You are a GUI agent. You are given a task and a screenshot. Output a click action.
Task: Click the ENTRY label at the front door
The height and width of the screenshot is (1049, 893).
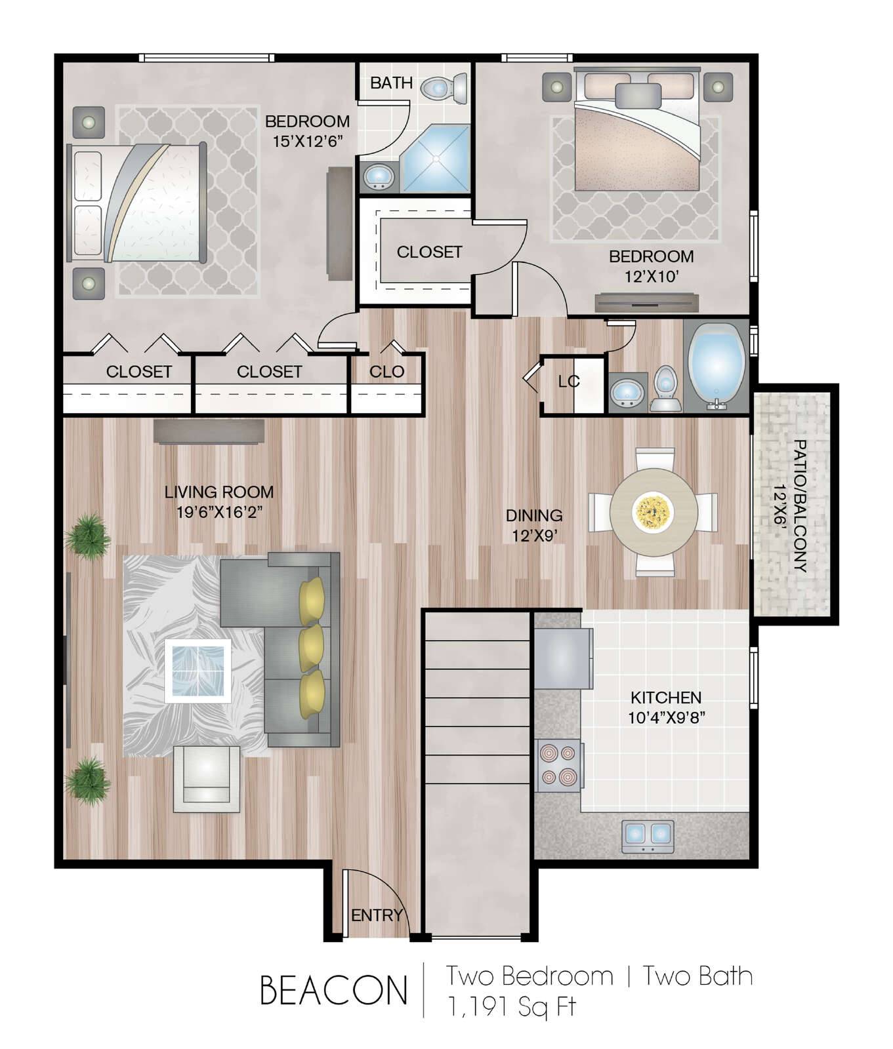(377, 915)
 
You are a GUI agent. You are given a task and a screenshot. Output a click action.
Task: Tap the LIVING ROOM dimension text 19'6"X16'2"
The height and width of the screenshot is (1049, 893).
(219, 512)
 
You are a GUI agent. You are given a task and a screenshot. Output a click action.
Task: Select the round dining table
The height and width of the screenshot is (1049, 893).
(654, 511)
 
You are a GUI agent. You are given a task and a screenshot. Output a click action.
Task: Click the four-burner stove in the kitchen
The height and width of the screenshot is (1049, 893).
(558, 764)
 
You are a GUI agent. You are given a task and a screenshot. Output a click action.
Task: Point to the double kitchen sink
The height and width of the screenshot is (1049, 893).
(648, 835)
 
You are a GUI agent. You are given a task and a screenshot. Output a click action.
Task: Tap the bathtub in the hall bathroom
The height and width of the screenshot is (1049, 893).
(715, 368)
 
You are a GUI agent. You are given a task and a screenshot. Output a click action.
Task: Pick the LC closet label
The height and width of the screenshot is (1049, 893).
(569, 382)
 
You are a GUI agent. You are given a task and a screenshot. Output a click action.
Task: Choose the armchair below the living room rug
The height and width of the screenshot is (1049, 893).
(207, 779)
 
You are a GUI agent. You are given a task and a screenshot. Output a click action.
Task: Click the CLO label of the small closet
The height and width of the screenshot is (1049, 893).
(386, 372)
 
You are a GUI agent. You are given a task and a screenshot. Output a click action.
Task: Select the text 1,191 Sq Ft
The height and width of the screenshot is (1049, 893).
(511, 1006)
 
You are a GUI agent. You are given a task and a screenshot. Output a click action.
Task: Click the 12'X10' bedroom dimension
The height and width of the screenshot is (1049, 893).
(651, 277)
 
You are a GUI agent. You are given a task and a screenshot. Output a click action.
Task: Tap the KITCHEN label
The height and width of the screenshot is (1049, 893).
(666, 697)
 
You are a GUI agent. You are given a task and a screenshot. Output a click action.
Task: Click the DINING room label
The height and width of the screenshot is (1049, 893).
(534, 515)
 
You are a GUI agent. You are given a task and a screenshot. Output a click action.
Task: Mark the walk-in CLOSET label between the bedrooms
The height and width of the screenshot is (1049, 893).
(429, 252)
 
